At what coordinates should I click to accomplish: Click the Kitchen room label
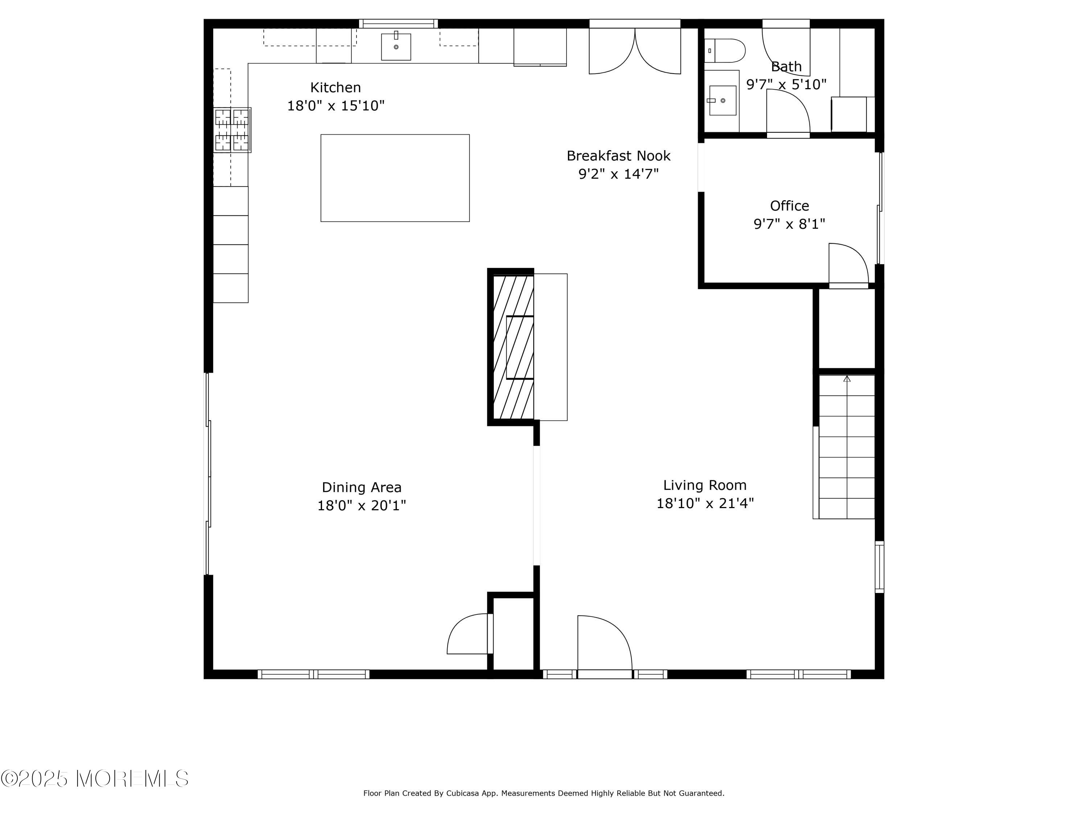click(335, 87)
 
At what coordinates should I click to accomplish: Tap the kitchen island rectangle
click(395, 178)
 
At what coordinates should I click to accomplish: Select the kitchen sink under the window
click(396, 47)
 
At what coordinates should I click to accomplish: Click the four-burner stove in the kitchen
click(232, 130)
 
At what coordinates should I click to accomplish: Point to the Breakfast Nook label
click(618, 156)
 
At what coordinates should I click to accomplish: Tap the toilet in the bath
click(726, 51)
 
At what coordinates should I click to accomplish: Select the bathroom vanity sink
click(722, 100)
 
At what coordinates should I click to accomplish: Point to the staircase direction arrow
click(846, 379)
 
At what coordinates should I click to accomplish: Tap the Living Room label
click(704, 486)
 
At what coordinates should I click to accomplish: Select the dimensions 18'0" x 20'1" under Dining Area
click(362, 506)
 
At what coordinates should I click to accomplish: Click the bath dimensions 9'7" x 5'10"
click(786, 85)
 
